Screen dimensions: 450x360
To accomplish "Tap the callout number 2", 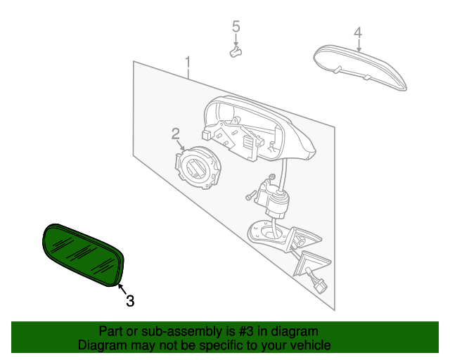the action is tap(176, 134).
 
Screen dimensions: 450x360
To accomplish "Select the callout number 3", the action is tap(130, 301).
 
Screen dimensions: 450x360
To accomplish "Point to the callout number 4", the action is tap(358, 32).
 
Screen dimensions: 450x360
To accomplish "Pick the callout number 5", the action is tap(236, 26).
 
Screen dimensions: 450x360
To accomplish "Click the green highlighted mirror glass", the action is tap(83, 255).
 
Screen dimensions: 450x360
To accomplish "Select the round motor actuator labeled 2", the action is tap(197, 167).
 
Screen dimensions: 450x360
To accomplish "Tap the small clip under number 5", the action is tap(236, 52).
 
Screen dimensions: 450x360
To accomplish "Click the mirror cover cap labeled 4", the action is tap(360, 67).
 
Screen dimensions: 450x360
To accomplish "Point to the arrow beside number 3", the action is tap(122, 290).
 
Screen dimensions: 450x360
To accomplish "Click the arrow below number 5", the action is tap(236, 39).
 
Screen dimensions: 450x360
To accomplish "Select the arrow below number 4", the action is tap(359, 45).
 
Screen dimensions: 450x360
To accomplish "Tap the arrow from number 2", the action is tap(180, 146).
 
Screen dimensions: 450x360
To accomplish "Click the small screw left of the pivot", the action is tap(250, 195).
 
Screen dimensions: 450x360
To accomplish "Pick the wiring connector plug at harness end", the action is tap(321, 286).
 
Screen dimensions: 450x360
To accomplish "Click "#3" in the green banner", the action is tap(246, 331).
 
